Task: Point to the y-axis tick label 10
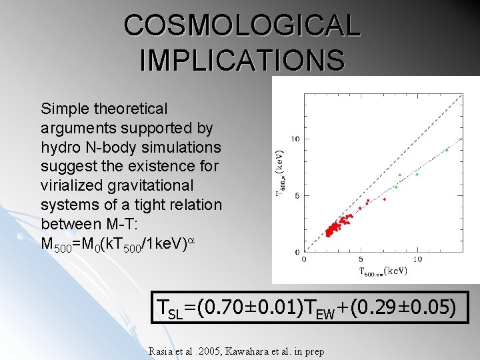pyautogui.click(x=295, y=139)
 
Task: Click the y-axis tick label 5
pyautogui.click(x=297, y=195)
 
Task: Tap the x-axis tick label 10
pyautogui.click(x=417, y=259)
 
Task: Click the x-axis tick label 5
pyautogui.click(x=361, y=259)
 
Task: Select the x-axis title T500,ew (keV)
pyautogui.click(x=383, y=271)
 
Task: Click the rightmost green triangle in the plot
pyautogui.click(x=447, y=150)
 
